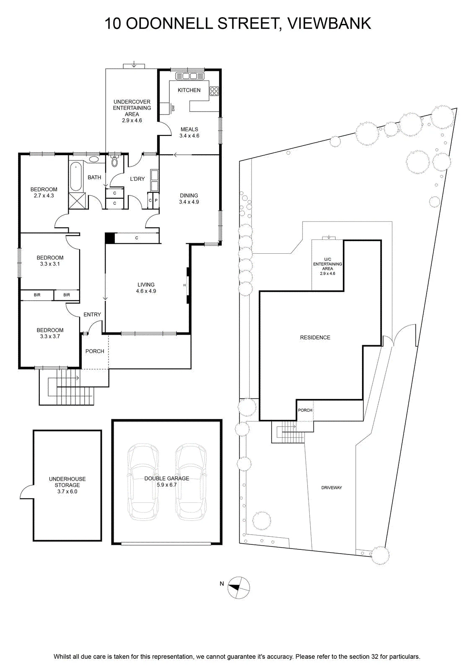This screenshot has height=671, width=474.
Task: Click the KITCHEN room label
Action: (x=189, y=90)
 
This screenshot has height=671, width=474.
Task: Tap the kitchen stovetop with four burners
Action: (x=214, y=91)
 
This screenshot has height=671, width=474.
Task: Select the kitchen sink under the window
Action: (x=189, y=76)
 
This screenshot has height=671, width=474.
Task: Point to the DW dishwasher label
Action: (x=173, y=108)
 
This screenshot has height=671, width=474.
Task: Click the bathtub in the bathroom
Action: (x=76, y=177)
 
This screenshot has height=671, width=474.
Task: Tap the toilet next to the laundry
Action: (x=114, y=161)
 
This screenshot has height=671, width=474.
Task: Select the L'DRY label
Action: (x=137, y=179)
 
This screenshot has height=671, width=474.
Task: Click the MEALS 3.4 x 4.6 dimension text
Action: (x=189, y=136)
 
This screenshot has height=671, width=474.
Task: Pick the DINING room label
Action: (x=189, y=195)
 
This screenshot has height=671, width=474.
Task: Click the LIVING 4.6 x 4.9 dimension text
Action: (x=146, y=291)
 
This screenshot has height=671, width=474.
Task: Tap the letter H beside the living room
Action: (x=184, y=285)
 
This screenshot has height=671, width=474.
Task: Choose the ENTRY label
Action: (x=92, y=314)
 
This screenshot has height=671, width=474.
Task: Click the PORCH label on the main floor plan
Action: (x=95, y=351)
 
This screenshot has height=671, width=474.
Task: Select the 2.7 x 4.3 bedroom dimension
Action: (x=44, y=195)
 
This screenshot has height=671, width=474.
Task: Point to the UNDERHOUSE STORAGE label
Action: (x=67, y=482)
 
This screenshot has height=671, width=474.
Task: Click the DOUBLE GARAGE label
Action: (x=167, y=479)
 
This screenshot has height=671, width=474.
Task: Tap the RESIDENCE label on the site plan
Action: (x=315, y=337)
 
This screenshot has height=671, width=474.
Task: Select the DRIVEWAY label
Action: (x=332, y=488)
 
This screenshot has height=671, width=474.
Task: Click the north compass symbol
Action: (x=238, y=588)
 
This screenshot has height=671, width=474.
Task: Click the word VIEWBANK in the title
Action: (x=329, y=23)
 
